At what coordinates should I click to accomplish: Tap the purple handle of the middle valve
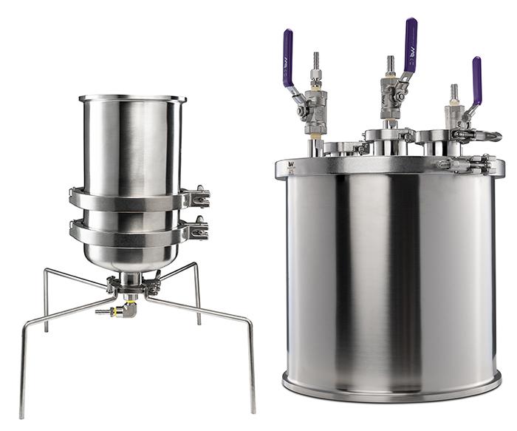click(x=410, y=44)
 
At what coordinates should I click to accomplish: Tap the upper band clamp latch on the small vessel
click(x=197, y=197)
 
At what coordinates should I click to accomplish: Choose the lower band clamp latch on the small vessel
click(x=197, y=231)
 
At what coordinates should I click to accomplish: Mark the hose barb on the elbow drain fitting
click(x=103, y=312)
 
